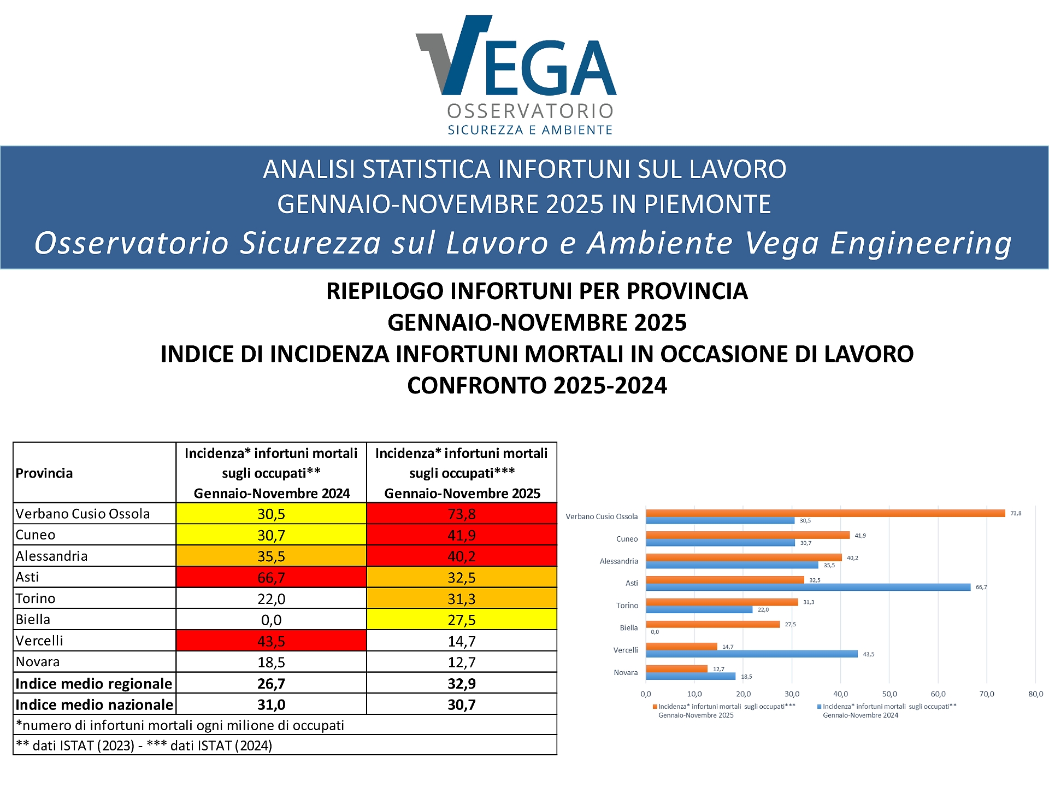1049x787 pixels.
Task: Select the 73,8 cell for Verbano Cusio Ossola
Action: pyautogui.click(x=462, y=514)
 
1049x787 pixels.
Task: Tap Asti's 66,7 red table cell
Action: pyautogui.click(x=271, y=577)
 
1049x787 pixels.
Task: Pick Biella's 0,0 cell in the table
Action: pyautogui.click(x=271, y=620)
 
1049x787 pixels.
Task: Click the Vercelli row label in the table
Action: pyautogui.click(x=39, y=641)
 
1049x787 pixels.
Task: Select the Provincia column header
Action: pyautogui.click(x=44, y=473)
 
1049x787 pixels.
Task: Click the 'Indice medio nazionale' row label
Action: pyautogui.click(x=94, y=704)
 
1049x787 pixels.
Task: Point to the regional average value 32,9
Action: pyautogui.click(x=462, y=683)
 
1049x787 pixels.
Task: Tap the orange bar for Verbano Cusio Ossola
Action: pyautogui.click(x=825, y=513)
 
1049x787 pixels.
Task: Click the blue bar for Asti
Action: pyautogui.click(x=808, y=587)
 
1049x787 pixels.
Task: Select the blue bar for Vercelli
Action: pyautogui.click(x=752, y=654)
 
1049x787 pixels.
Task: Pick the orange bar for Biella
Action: pyautogui.click(x=712, y=624)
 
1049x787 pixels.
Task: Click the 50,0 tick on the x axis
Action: pyautogui.click(x=889, y=694)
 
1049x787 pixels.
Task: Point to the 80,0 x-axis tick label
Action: pyautogui.click(x=1035, y=694)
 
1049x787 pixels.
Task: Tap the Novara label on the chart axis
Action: pyautogui.click(x=626, y=672)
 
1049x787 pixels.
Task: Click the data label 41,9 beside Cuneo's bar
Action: pyautogui.click(x=860, y=536)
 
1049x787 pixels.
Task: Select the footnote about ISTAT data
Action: pyautogui.click(x=144, y=745)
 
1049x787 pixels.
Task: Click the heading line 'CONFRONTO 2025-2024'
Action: pyautogui.click(x=537, y=385)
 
